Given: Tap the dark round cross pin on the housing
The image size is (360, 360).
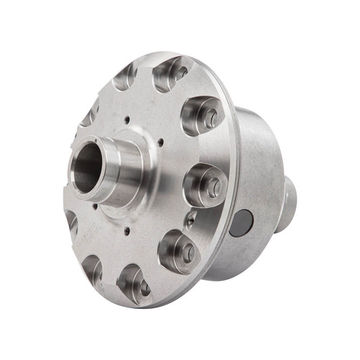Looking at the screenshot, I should point(243,222).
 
